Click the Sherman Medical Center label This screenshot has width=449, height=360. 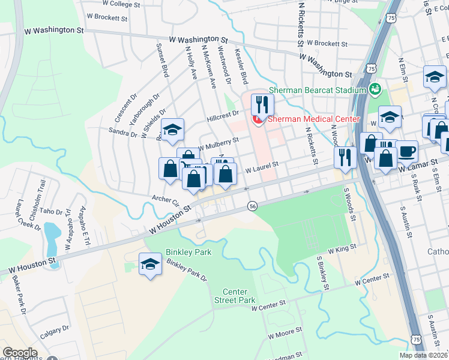pyautogui.click(x=313, y=119)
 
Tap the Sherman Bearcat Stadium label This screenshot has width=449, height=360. pyautogui.click(x=317, y=90)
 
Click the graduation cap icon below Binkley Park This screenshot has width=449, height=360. pyautogui.click(x=150, y=263)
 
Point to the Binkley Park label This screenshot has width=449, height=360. pyautogui.click(x=190, y=253)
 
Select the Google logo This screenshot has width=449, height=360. pyautogui.click(x=20, y=353)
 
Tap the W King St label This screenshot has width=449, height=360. pyautogui.click(x=342, y=248)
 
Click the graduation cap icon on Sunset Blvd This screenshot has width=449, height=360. pyautogui.click(x=172, y=130)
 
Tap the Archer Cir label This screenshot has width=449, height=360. pyautogui.click(x=166, y=199)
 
